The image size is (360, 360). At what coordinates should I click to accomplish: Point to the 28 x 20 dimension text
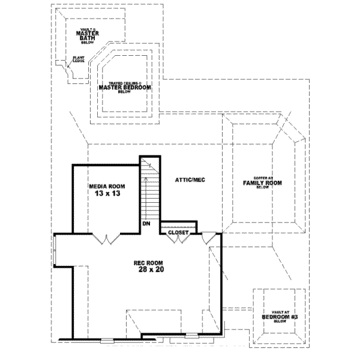[150, 270]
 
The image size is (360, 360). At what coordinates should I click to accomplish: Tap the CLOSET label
[178, 232]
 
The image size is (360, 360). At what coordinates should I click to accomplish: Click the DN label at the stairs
[146, 224]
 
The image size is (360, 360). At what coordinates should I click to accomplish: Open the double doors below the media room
[110, 239]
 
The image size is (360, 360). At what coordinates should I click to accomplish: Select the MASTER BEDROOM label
[125, 88]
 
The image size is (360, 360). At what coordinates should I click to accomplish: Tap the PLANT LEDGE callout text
[79, 59]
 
